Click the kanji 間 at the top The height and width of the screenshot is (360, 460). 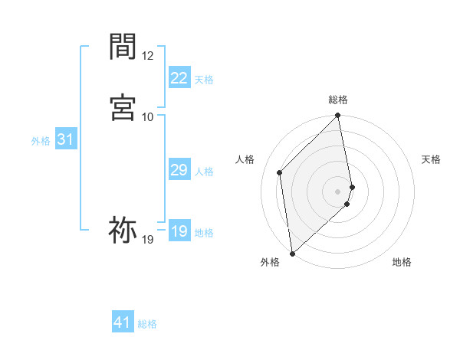click(x=123, y=47)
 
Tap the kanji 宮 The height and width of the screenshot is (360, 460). click(x=123, y=106)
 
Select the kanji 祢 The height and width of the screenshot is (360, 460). click(x=123, y=229)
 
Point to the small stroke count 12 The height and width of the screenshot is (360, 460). click(x=148, y=56)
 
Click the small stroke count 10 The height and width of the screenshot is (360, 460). click(x=148, y=116)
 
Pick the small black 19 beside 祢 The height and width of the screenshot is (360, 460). click(x=148, y=240)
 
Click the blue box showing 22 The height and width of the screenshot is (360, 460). click(x=179, y=77)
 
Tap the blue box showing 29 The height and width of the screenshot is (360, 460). click(x=179, y=170)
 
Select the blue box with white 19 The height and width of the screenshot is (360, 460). click(x=179, y=231)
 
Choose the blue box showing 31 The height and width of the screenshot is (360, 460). click(x=65, y=139)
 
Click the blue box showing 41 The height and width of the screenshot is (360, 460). click(x=123, y=322)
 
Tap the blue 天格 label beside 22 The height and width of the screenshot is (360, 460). click(x=204, y=80)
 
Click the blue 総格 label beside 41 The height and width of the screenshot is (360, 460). click(x=147, y=324)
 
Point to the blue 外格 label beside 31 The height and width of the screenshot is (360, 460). click(x=41, y=141)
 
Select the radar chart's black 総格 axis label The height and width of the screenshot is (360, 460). click(x=338, y=100)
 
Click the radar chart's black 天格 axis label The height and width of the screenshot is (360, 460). click(x=431, y=159)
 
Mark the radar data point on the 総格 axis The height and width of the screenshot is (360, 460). click(x=338, y=116)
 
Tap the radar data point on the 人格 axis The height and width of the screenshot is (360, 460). click(x=280, y=172)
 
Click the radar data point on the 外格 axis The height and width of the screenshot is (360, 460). click(x=292, y=253)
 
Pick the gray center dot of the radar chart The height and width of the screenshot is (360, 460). click(x=338, y=191)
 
